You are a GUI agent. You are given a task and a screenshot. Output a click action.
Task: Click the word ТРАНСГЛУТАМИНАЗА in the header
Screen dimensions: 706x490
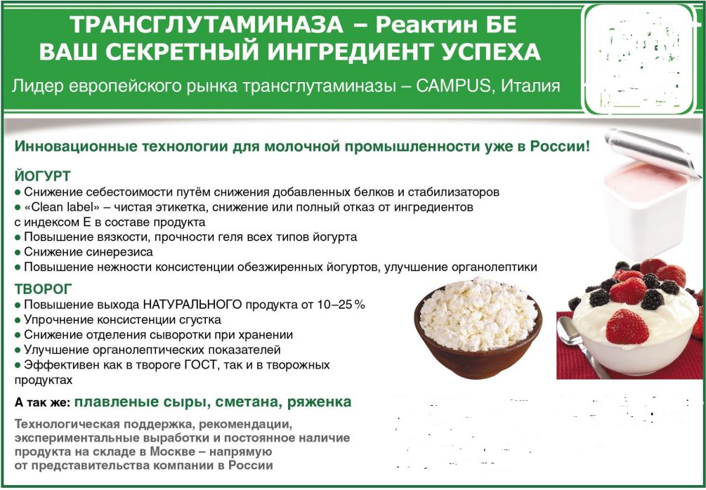207,25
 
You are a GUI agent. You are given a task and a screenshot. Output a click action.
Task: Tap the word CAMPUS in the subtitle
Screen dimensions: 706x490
452,86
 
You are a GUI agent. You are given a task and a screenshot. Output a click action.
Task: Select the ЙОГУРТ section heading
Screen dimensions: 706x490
42,175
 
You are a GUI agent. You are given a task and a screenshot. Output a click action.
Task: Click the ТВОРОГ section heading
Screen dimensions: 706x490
44,289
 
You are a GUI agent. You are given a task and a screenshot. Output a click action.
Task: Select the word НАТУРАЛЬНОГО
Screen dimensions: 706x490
192,305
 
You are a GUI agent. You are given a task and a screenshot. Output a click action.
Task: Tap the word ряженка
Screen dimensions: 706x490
319,402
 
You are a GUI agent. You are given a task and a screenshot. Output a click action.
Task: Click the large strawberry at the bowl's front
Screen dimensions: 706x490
627,326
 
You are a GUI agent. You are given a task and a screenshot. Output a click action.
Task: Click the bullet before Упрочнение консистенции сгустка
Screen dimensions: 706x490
18,320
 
